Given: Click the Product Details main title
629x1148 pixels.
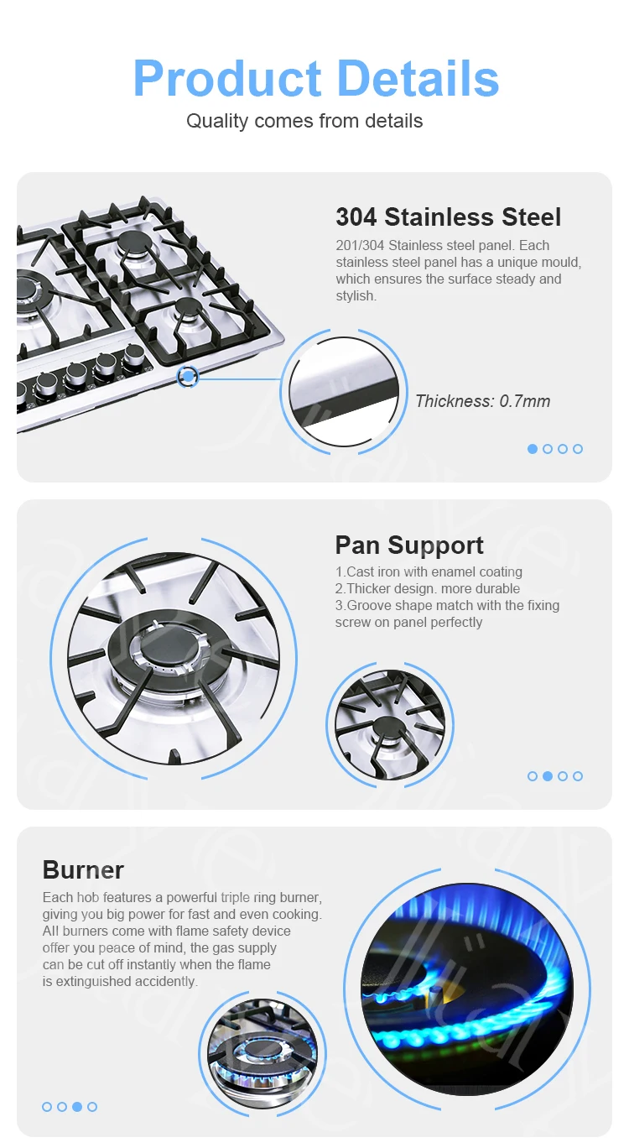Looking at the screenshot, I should click(x=315, y=79).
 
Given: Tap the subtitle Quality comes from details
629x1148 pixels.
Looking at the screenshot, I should click(x=304, y=121).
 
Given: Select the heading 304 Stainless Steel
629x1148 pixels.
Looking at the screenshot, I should click(x=448, y=217).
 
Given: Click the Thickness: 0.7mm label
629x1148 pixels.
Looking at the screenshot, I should click(x=483, y=401).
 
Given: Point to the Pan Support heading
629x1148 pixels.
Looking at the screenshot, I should click(x=409, y=545).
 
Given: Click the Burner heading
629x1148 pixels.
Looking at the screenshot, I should click(x=83, y=869).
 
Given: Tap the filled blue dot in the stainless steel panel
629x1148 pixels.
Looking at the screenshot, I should click(x=533, y=449).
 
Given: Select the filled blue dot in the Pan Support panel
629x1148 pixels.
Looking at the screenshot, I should click(x=548, y=776).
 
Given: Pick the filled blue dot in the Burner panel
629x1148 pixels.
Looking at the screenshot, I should click(x=77, y=1107).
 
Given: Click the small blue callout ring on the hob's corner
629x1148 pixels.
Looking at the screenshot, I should click(x=189, y=378).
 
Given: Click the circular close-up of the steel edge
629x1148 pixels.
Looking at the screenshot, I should click(x=344, y=391).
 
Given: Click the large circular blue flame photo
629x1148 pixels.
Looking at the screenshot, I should click(x=467, y=989).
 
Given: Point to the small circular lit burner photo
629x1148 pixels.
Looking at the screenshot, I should click(x=263, y=1053).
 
